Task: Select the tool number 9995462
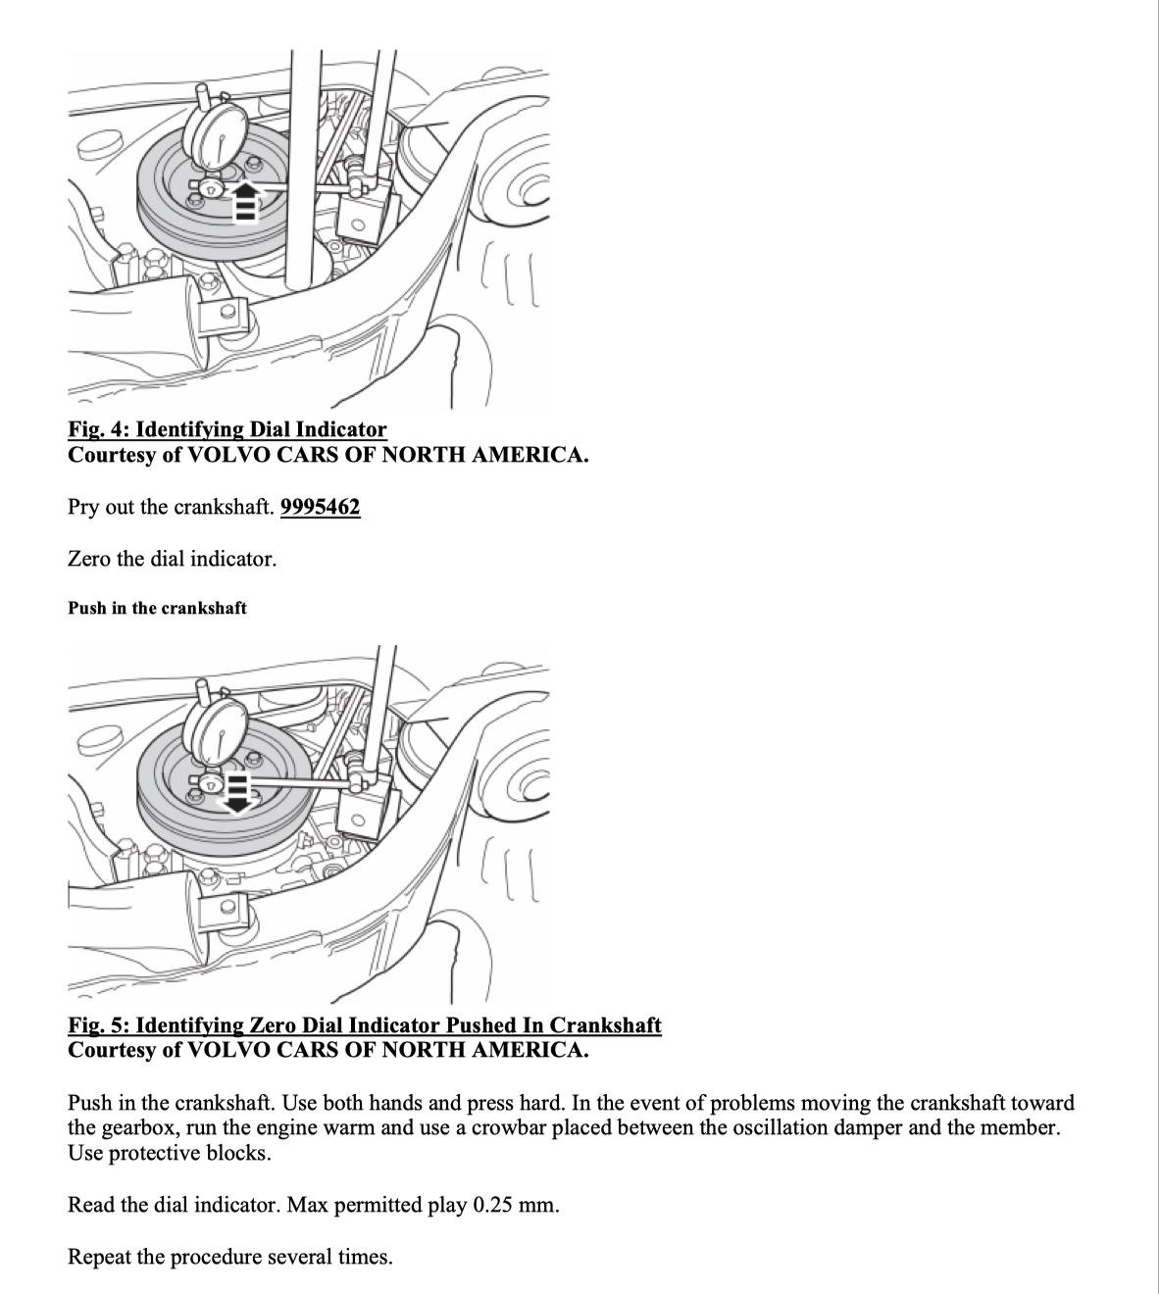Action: point(320,508)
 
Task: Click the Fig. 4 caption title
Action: point(227,429)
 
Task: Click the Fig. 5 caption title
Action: point(364,1025)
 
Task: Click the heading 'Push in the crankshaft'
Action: point(157,608)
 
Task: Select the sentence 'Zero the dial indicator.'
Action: point(172,560)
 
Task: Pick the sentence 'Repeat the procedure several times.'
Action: point(229,1257)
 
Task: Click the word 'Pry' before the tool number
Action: point(84,508)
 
